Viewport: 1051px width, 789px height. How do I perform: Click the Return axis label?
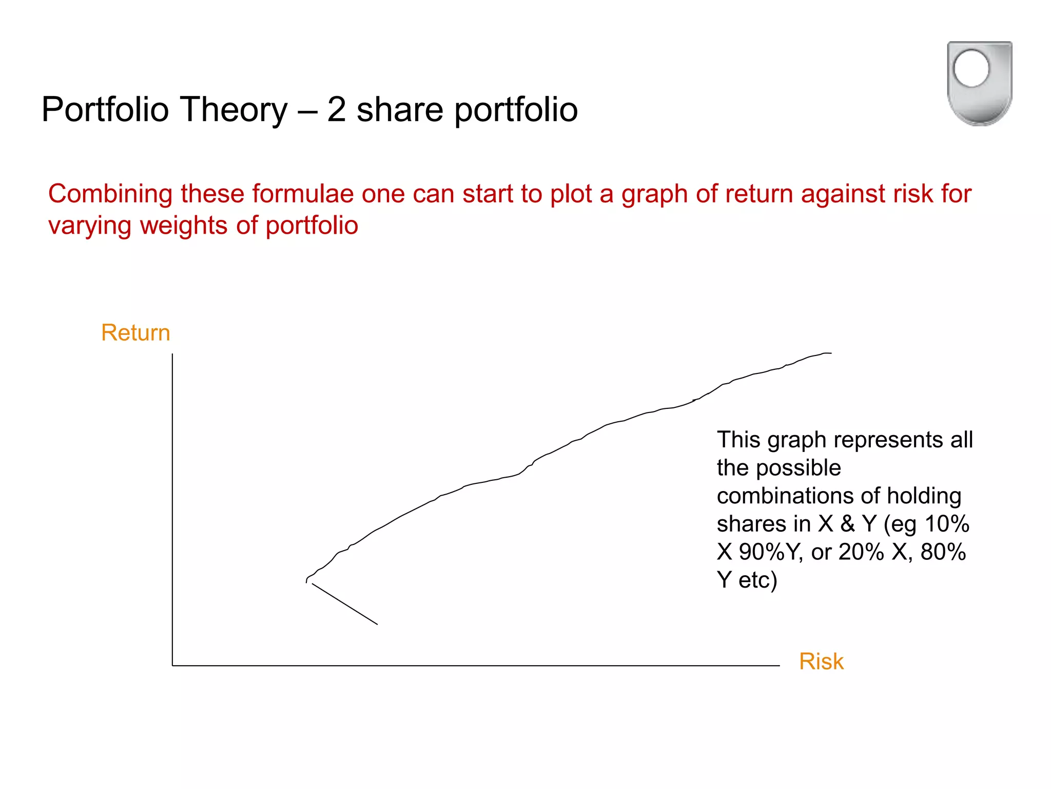(135, 333)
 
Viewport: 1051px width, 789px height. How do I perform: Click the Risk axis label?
(821, 661)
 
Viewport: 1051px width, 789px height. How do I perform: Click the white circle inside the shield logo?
(971, 68)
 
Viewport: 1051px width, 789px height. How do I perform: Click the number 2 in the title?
(337, 109)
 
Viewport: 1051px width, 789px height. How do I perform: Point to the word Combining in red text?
(110, 195)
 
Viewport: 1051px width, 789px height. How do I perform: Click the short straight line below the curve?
(344, 604)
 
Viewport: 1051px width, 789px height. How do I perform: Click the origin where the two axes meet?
(172, 666)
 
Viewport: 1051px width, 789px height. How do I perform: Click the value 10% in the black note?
(946, 524)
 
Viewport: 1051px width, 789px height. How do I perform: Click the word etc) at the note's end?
(757, 580)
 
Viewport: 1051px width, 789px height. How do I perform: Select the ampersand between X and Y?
(848, 524)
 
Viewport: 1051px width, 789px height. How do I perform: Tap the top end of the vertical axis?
(172, 354)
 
